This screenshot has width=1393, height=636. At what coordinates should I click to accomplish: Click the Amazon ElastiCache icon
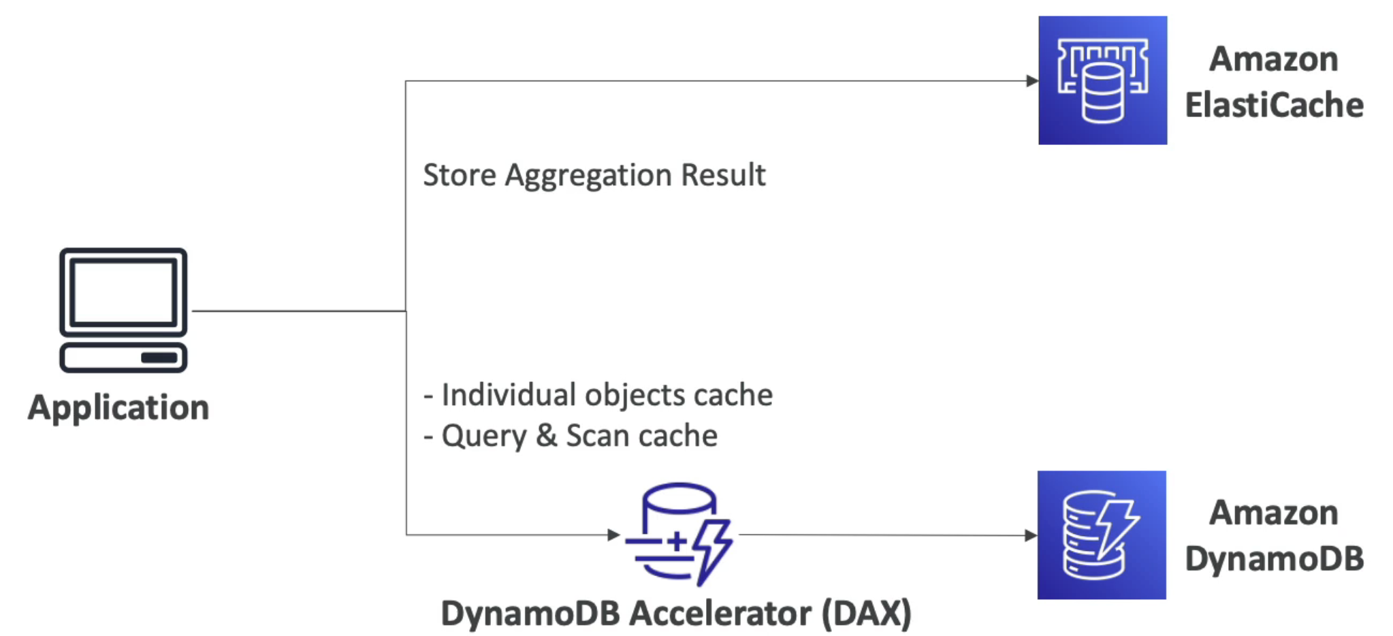[x=1102, y=80]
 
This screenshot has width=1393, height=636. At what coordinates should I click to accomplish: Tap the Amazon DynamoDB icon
[x=1102, y=535]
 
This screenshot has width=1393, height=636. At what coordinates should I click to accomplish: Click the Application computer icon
[x=123, y=310]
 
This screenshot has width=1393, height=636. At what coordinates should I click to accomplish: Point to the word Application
[x=118, y=408]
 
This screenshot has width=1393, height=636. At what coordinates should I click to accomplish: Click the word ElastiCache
[x=1274, y=106]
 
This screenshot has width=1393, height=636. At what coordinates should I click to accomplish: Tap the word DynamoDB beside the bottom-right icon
[x=1274, y=559]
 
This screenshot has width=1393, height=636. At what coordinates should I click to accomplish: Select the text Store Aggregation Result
[x=594, y=175]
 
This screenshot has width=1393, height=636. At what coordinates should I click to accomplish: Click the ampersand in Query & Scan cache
[x=546, y=436]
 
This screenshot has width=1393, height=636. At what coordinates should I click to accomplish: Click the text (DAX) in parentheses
[x=866, y=614]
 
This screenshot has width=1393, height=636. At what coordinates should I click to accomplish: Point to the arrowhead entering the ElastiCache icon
[x=1032, y=81]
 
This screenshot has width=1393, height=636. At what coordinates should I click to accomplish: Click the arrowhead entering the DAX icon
[x=613, y=535]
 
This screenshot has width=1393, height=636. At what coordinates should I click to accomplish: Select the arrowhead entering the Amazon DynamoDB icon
[x=1031, y=535]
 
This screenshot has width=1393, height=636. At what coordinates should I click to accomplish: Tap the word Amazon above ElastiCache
[x=1273, y=59]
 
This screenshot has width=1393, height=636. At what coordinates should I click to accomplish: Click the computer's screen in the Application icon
[x=123, y=292]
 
